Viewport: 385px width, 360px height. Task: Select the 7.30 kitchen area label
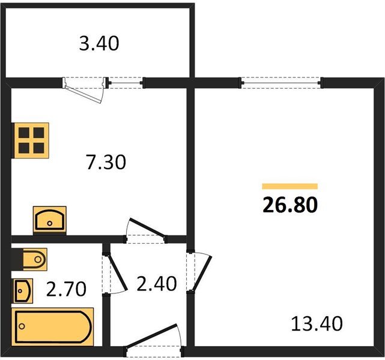pyautogui.click(x=106, y=162)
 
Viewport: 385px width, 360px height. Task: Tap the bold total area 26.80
pyautogui.click(x=290, y=204)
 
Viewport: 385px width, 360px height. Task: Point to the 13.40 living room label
pyautogui.click(x=316, y=325)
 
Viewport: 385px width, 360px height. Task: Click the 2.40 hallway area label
pyautogui.click(x=157, y=283)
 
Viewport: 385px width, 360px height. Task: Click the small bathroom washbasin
pyautogui.click(x=23, y=291)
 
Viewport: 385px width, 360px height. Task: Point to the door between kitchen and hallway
pyautogui.click(x=145, y=230)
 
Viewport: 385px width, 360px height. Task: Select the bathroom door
pyautogui.click(x=114, y=274)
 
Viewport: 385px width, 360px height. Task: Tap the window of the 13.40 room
pyautogui.click(x=280, y=82)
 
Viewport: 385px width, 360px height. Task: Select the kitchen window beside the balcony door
pyautogui.click(x=126, y=82)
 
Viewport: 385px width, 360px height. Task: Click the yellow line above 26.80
pyautogui.click(x=290, y=186)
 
